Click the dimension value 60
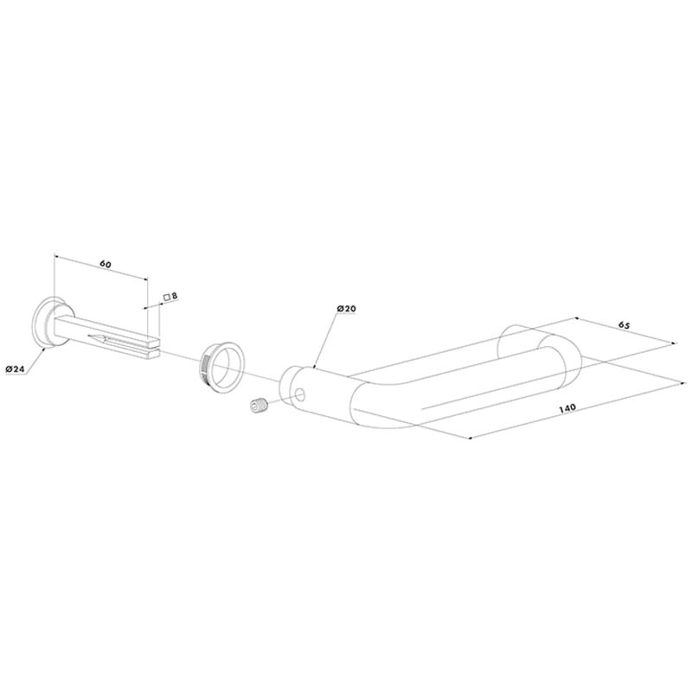[x=106, y=265]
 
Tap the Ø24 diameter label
[x=15, y=369]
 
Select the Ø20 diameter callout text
[x=346, y=309]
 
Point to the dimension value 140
[x=567, y=408]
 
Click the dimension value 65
[x=624, y=325]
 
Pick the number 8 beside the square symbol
[x=175, y=296]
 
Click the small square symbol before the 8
[x=167, y=298]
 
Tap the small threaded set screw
[x=258, y=406]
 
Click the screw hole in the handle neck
[x=300, y=394]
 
